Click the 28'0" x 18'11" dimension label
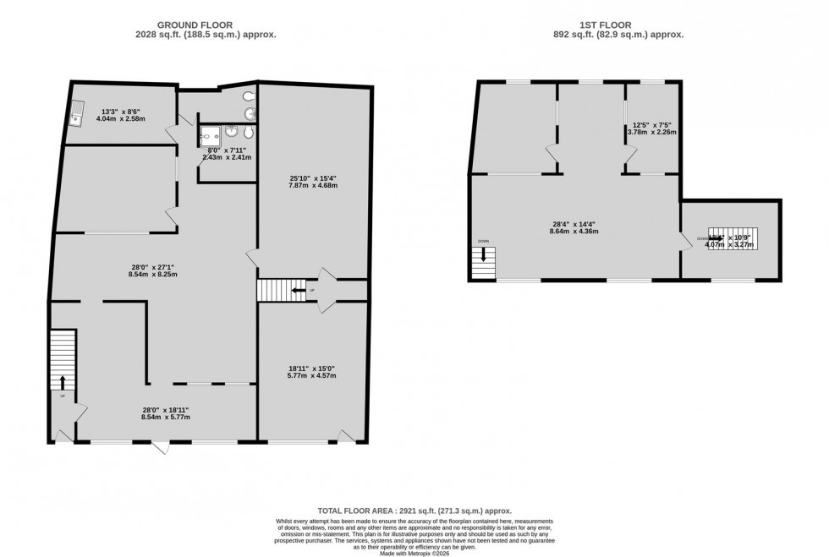pos(166,413)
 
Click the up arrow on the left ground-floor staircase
pos(63,382)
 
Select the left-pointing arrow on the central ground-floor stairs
pos(296,291)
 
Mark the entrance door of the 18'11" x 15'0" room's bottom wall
pos(345,435)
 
